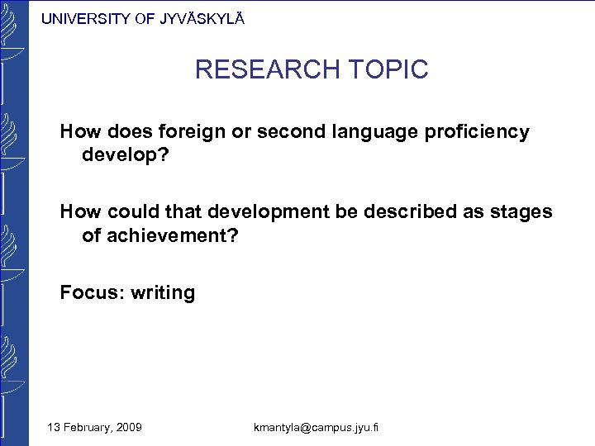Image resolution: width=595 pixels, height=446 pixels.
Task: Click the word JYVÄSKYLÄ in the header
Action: (199, 19)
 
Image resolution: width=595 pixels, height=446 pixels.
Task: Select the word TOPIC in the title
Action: (388, 69)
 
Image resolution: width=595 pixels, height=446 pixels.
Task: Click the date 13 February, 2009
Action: (94, 427)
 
